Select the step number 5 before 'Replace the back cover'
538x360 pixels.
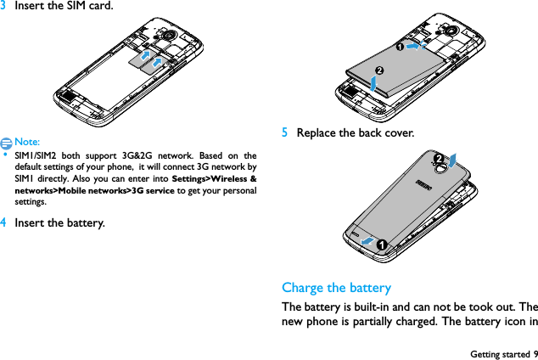[x=286, y=133]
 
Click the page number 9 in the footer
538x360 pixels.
[x=535, y=352]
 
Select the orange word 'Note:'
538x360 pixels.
[x=27, y=142]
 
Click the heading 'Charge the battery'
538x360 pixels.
[x=336, y=287]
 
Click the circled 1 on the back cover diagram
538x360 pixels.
[x=384, y=245]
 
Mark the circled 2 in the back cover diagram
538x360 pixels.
[x=439, y=160]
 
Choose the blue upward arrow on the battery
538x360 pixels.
[x=375, y=82]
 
